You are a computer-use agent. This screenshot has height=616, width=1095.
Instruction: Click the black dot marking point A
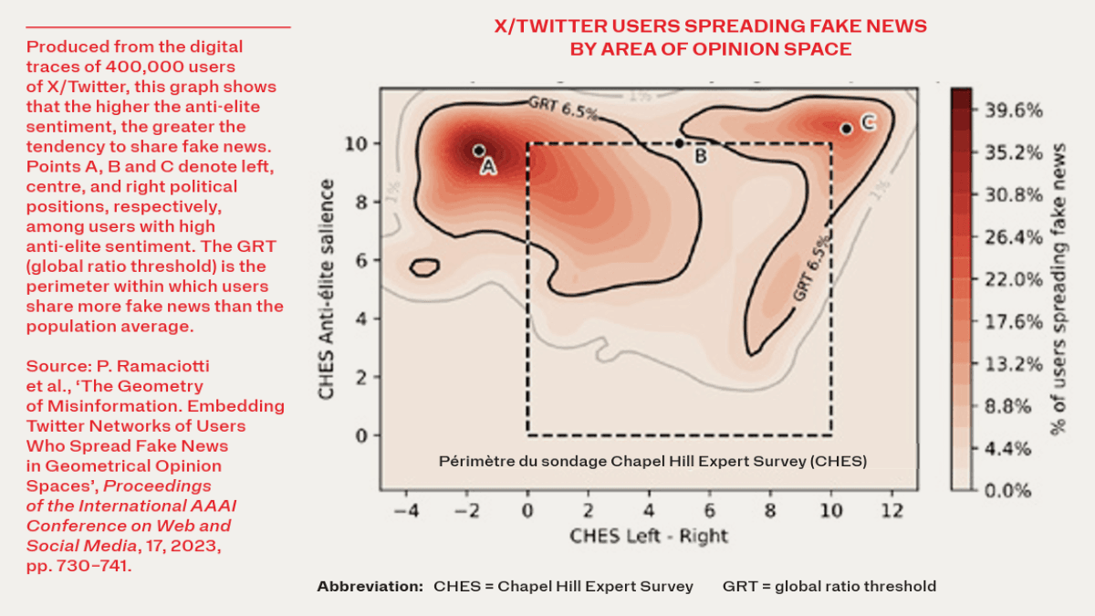[x=478, y=151]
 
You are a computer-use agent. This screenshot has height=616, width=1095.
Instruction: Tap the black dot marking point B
[x=679, y=143]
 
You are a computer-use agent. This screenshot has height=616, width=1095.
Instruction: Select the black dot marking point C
[x=847, y=129]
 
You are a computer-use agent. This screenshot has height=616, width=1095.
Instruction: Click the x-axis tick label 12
[x=892, y=509]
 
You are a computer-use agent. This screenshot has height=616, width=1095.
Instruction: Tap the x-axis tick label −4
[x=406, y=509]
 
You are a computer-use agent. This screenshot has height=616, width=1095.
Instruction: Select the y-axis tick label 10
[x=356, y=143]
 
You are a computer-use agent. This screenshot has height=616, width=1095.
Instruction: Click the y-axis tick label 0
[x=361, y=435]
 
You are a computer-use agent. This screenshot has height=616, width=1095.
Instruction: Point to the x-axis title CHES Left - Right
[x=649, y=535]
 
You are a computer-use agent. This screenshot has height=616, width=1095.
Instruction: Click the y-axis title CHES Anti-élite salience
[x=326, y=288]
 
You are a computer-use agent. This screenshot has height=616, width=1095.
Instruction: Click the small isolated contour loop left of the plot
[x=425, y=267]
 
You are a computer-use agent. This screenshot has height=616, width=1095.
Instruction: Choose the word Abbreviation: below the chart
[x=370, y=586]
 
